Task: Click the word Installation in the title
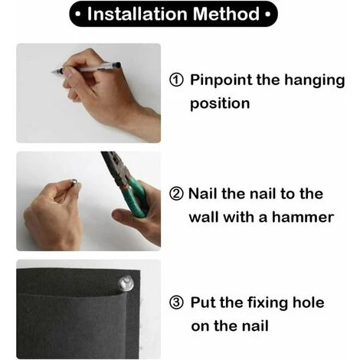[x=138, y=14]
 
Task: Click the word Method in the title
[x=227, y=14]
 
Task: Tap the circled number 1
[x=176, y=80]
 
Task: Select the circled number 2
[x=176, y=194]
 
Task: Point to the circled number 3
[x=176, y=303]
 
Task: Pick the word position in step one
[x=220, y=104]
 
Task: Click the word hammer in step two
[x=303, y=218]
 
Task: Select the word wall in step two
[x=204, y=218]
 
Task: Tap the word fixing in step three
[x=267, y=303]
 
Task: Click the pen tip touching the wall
[x=53, y=72]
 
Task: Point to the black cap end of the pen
[x=117, y=65]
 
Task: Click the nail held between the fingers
[x=74, y=182]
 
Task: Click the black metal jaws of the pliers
[x=115, y=165]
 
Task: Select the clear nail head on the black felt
[x=126, y=283]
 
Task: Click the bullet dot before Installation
[x=78, y=15]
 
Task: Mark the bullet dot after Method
[x=267, y=15]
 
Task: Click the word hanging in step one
[x=315, y=80]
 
